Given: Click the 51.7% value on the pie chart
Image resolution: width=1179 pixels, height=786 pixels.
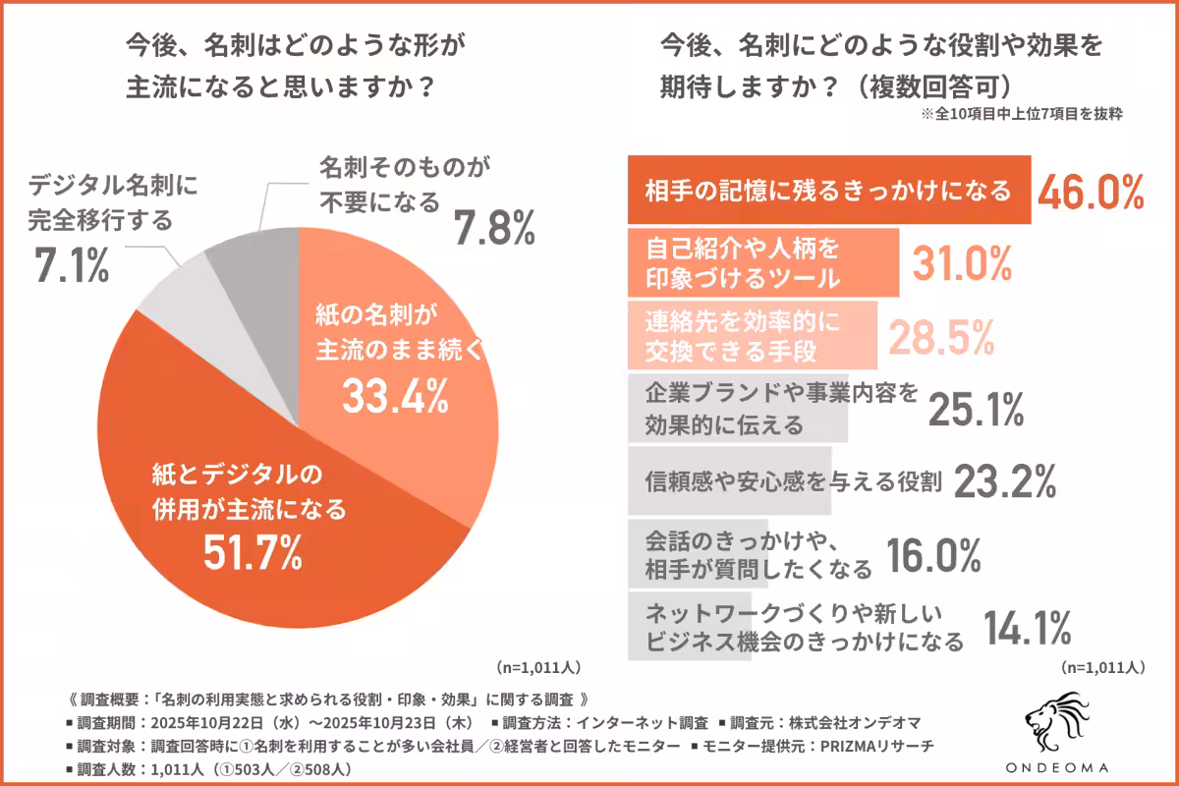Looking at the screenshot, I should pos(252,554).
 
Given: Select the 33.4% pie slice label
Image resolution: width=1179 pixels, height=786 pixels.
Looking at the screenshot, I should pos(394,394).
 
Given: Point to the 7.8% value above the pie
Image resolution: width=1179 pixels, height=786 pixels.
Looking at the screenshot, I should pos(494,228).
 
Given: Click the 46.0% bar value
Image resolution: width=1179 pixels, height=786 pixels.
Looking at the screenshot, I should pos(1089,191).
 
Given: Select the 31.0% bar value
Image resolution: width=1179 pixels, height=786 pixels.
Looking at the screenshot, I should pos(962,262).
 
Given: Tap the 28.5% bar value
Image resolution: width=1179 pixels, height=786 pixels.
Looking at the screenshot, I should pos(941,336).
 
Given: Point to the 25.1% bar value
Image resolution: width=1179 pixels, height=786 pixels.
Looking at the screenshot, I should pos(977,410).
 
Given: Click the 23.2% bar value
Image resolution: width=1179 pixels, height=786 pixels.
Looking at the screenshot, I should pos(1004,481).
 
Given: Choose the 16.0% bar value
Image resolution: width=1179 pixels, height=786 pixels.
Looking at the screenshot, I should pos(932,556).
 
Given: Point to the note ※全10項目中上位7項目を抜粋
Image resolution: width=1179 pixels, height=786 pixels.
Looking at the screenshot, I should pos(1021,114).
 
